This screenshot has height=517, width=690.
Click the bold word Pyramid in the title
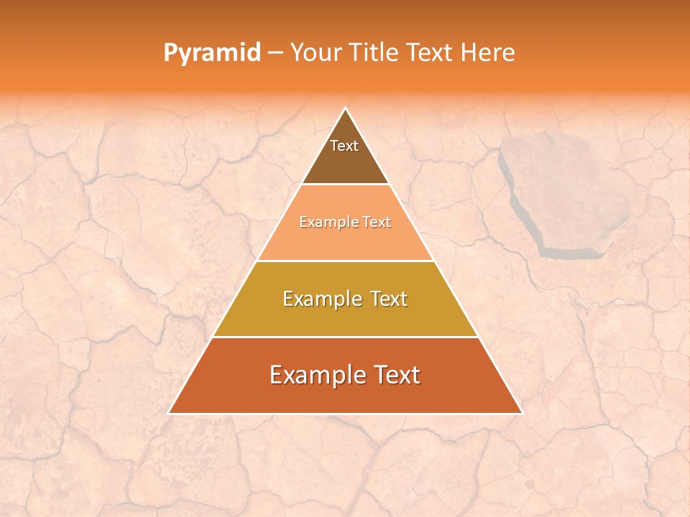[x=211, y=52]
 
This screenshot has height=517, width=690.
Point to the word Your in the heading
[x=316, y=52]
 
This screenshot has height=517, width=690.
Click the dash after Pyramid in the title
[x=275, y=53]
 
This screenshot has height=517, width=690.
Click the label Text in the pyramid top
[x=344, y=146]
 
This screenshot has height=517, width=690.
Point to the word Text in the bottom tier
[x=392, y=375]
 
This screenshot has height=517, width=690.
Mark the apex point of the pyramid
[x=346, y=108]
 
